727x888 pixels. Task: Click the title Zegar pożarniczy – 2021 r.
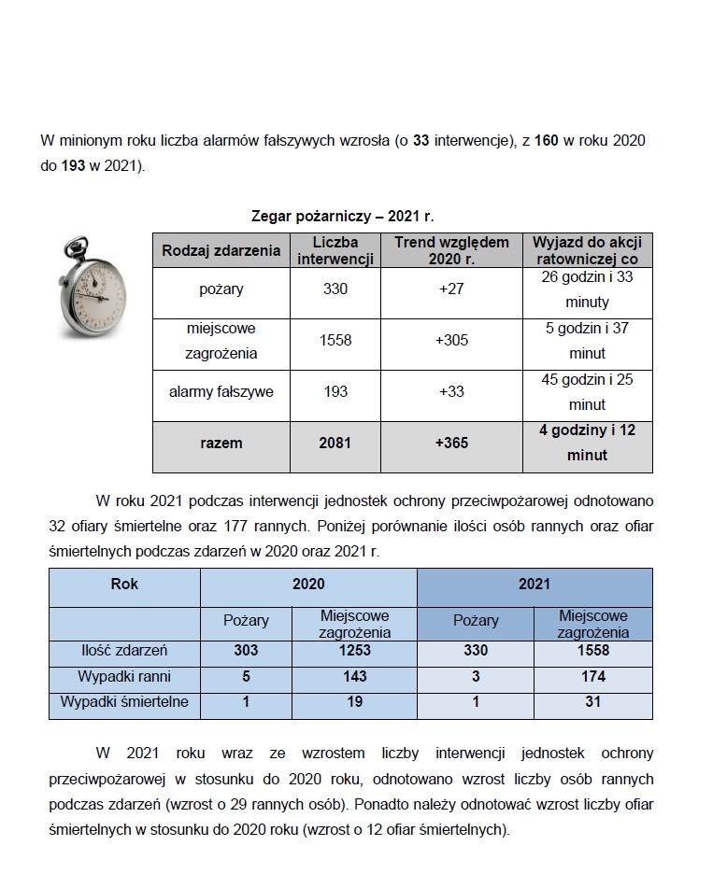343,216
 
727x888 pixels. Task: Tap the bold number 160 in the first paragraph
547,140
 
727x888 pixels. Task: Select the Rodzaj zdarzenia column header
221,250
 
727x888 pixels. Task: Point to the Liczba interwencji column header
335,250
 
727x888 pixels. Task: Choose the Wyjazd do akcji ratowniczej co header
586,250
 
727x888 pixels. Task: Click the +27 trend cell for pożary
451,289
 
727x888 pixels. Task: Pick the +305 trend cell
451,341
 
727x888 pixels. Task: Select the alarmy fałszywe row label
221,392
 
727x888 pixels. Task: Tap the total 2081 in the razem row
335,443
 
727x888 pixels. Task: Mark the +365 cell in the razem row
451,443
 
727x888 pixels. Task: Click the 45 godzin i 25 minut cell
586,392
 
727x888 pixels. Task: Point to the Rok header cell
124,585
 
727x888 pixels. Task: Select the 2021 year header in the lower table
535,585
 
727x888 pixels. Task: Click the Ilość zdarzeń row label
124,651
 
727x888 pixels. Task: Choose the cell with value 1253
354,651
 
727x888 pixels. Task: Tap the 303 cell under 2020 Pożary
246,651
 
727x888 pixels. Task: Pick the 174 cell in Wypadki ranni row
592,676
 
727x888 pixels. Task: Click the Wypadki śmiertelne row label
124,702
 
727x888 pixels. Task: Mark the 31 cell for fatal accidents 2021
592,702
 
